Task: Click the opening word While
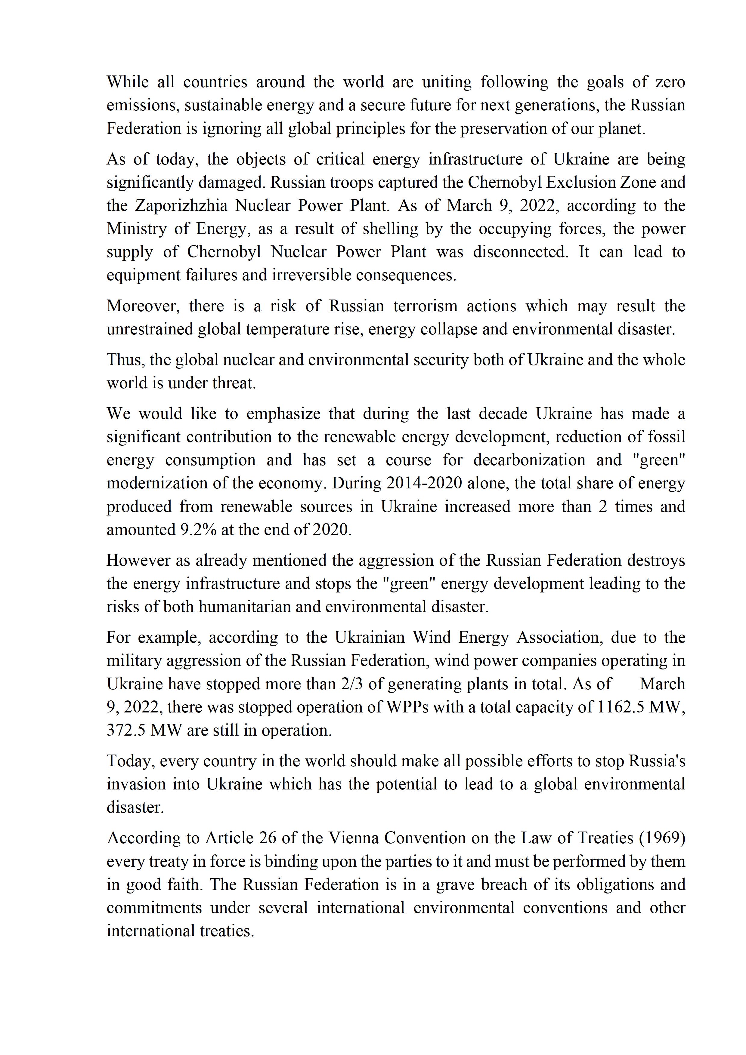coord(128,82)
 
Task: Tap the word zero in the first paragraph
coord(670,82)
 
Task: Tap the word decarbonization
coord(530,460)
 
